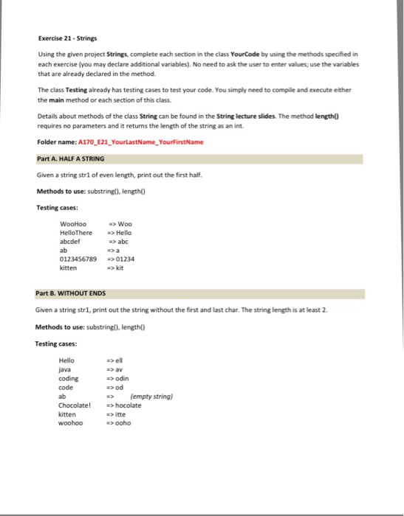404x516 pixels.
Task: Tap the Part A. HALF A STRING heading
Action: pos(71,158)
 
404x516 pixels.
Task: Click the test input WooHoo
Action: pos(73,225)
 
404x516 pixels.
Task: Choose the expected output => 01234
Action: pos(121,259)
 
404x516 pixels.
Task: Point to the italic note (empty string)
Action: pos(151,397)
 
